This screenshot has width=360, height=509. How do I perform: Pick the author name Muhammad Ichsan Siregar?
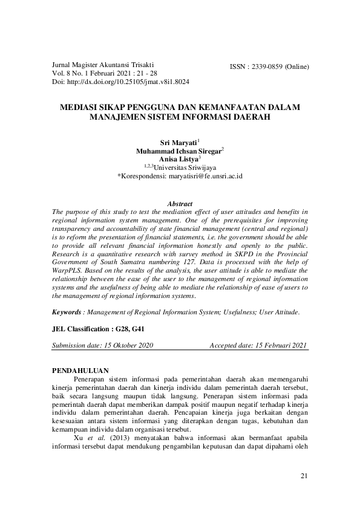point(178,151)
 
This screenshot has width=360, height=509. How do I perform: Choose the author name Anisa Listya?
point(178,159)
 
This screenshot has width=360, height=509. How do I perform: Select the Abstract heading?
point(179,204)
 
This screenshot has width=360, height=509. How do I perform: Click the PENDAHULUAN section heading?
point(80,370)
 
